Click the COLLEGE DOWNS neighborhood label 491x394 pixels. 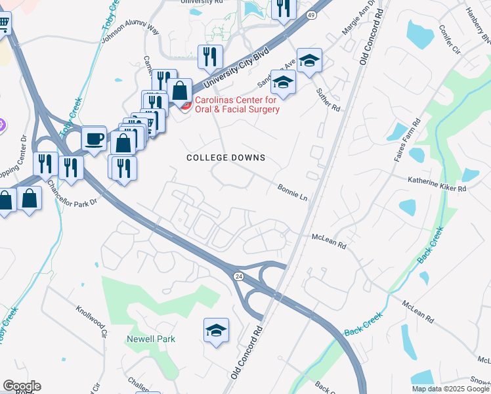pyautogui.click(x=226, y=158)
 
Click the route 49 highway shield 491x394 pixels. pyautogui.click(x=311, y=14)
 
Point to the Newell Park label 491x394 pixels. pyautogui.click(x=142, y=339)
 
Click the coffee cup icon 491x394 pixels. pyautogui.click(x=94, y=139)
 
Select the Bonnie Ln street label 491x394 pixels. pyautogui.click(x=292, y=192)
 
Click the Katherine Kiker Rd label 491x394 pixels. pyautogui.click(x=437, y=183)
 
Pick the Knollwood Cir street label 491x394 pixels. pyautogui.click(x=91, y=320)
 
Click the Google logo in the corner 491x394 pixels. pyautogui.click(x=22, y=386)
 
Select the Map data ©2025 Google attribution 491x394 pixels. pyautogui.click(x=450, y=389)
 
